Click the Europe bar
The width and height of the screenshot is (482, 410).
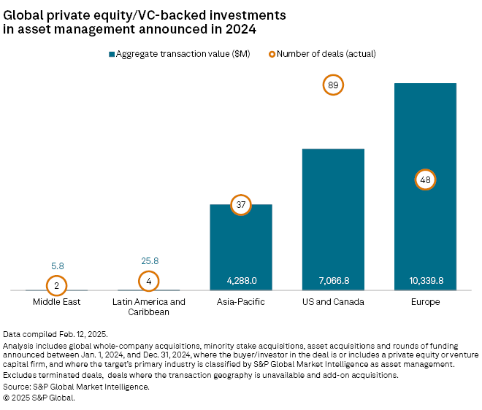pos(425,131)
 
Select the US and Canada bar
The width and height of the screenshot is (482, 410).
pos(333,219)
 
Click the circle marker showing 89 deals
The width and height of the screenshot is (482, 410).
pos(333,85)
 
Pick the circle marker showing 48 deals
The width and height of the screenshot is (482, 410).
pos(425,179)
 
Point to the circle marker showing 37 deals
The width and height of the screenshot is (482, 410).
pos(241,205)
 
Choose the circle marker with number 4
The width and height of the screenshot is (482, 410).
pos(149,280)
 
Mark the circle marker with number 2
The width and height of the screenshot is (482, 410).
pos(57,285)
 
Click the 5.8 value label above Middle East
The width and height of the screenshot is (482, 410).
pos(57,266)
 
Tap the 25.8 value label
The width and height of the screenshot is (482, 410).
pos(149,260)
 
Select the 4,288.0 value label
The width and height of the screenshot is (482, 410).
pos(241,281)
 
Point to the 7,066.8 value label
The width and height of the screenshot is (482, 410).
pos(333,281)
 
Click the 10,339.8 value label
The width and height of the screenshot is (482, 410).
pos(425,281)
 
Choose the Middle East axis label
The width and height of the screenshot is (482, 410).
pos(57,301)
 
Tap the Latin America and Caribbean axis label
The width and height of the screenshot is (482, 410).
pos(149,306)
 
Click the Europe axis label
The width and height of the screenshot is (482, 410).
pos(425,301)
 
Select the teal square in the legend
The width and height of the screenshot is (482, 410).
pos(112,53)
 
